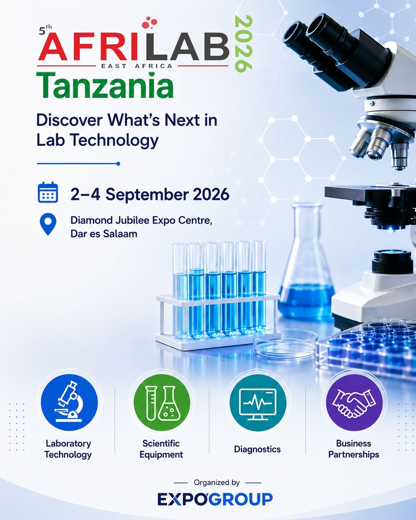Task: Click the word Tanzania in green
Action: coord(105,86)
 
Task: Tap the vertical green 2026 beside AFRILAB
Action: coord(243,44)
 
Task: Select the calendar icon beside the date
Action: coord(48,192)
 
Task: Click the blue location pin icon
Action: coord(48,224)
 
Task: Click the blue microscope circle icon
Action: coord(69,402)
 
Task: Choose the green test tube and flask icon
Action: coord(162,402)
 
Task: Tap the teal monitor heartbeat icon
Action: coord(258,402)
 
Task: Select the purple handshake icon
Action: coord(354,402)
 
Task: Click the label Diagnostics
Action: coord(257,449)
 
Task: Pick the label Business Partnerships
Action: coord(354,449)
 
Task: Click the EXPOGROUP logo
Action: coord(215,499)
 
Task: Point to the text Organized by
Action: coord(217,483)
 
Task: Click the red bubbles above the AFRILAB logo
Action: coord(149,22)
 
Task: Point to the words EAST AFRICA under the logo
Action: coord(137,66)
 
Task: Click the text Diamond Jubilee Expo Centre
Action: coord(141,221)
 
